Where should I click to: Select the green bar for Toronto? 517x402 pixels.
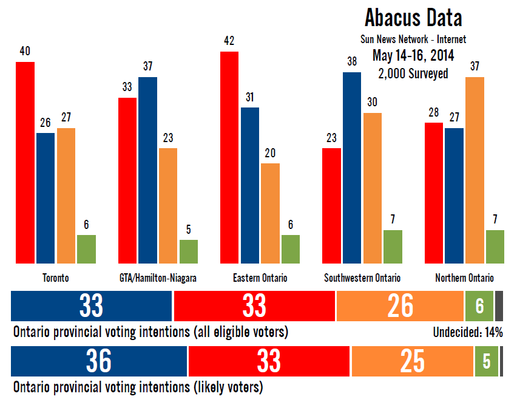point(86,249)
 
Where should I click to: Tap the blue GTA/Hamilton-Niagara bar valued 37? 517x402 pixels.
point(147,170)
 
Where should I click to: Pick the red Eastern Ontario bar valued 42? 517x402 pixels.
point(229,157)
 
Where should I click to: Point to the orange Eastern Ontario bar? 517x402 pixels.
point(270,213)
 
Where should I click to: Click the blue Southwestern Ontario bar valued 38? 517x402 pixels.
point(353,168)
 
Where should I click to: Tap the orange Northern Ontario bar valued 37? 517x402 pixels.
point(475,170)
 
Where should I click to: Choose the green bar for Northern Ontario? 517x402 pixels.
point(495,247)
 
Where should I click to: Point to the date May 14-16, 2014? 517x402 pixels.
point(413,56)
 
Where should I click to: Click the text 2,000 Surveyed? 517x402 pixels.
point(413,73)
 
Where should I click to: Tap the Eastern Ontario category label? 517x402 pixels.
point(260,278)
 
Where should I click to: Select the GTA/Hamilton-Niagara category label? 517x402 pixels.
point(158,278)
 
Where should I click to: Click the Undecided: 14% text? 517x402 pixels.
point(468,332)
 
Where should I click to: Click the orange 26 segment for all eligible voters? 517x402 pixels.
point(399,306)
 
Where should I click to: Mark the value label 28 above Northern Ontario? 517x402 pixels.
point(433,113)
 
